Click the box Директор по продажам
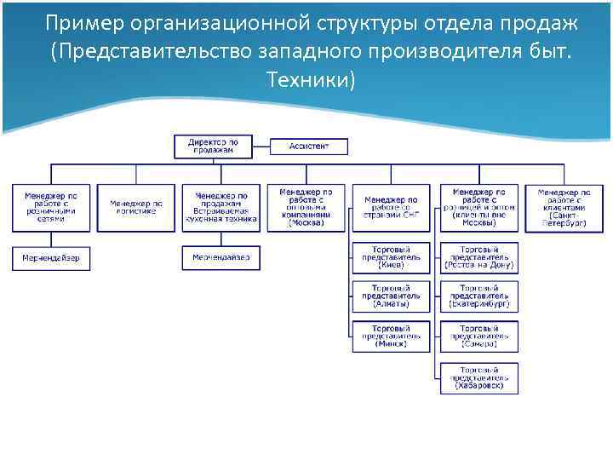click(x=215, y=146)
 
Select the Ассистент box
click(x=308, y=146)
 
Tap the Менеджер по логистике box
click(x=135, y=208)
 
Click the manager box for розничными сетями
click(x=50, y=208)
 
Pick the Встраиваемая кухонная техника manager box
click(x=221, y=208)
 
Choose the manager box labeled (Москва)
click(x=306, y=208)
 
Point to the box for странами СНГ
click(x=392, y=208)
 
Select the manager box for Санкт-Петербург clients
click(x=563, y=208)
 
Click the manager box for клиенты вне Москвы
click(x=478, y=208)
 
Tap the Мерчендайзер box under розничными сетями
click(x=50, y=258)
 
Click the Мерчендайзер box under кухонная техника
click(x=221, y=258)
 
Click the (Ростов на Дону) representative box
click(x=478, y=258)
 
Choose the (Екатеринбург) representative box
click(x=478, y=297)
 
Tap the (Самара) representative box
click(x=478, y=336)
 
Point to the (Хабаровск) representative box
click(x=478, y=377)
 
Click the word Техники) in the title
click(x=310, y=80)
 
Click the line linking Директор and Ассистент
click(x=262, y=146)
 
